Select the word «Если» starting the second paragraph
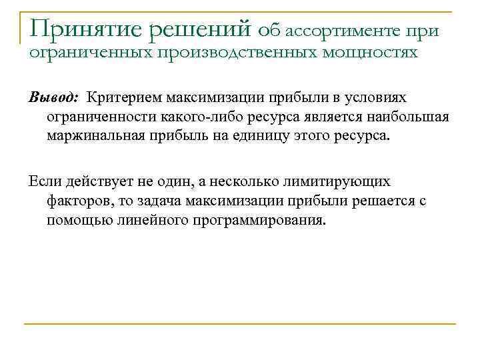[x=43, y=181]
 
